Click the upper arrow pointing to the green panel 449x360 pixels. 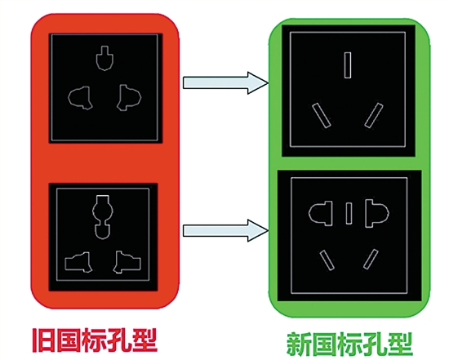point(225,82)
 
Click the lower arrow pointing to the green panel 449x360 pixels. point(225,230)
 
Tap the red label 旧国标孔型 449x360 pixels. point(95,340)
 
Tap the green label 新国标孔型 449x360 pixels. point(349,344)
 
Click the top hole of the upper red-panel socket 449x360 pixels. point(104,58)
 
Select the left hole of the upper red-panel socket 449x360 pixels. point(80,98)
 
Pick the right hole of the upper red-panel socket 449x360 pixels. point(129,98)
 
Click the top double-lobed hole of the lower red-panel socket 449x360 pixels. point(103,217)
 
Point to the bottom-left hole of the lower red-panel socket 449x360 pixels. point(78,262)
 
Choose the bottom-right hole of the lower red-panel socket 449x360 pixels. point(127,262)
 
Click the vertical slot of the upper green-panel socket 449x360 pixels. point(348,65)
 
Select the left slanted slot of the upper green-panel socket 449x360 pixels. point(322,115)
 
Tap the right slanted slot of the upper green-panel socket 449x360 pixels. point(374,115)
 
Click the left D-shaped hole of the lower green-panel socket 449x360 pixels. point(321,213)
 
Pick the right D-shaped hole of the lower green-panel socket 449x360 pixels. point(377,213)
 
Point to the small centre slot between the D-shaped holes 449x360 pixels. point(349,213)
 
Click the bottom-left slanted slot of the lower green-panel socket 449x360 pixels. point(327,260)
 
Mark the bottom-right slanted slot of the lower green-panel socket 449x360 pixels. point(371,260)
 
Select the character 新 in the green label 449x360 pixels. point(299,344)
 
